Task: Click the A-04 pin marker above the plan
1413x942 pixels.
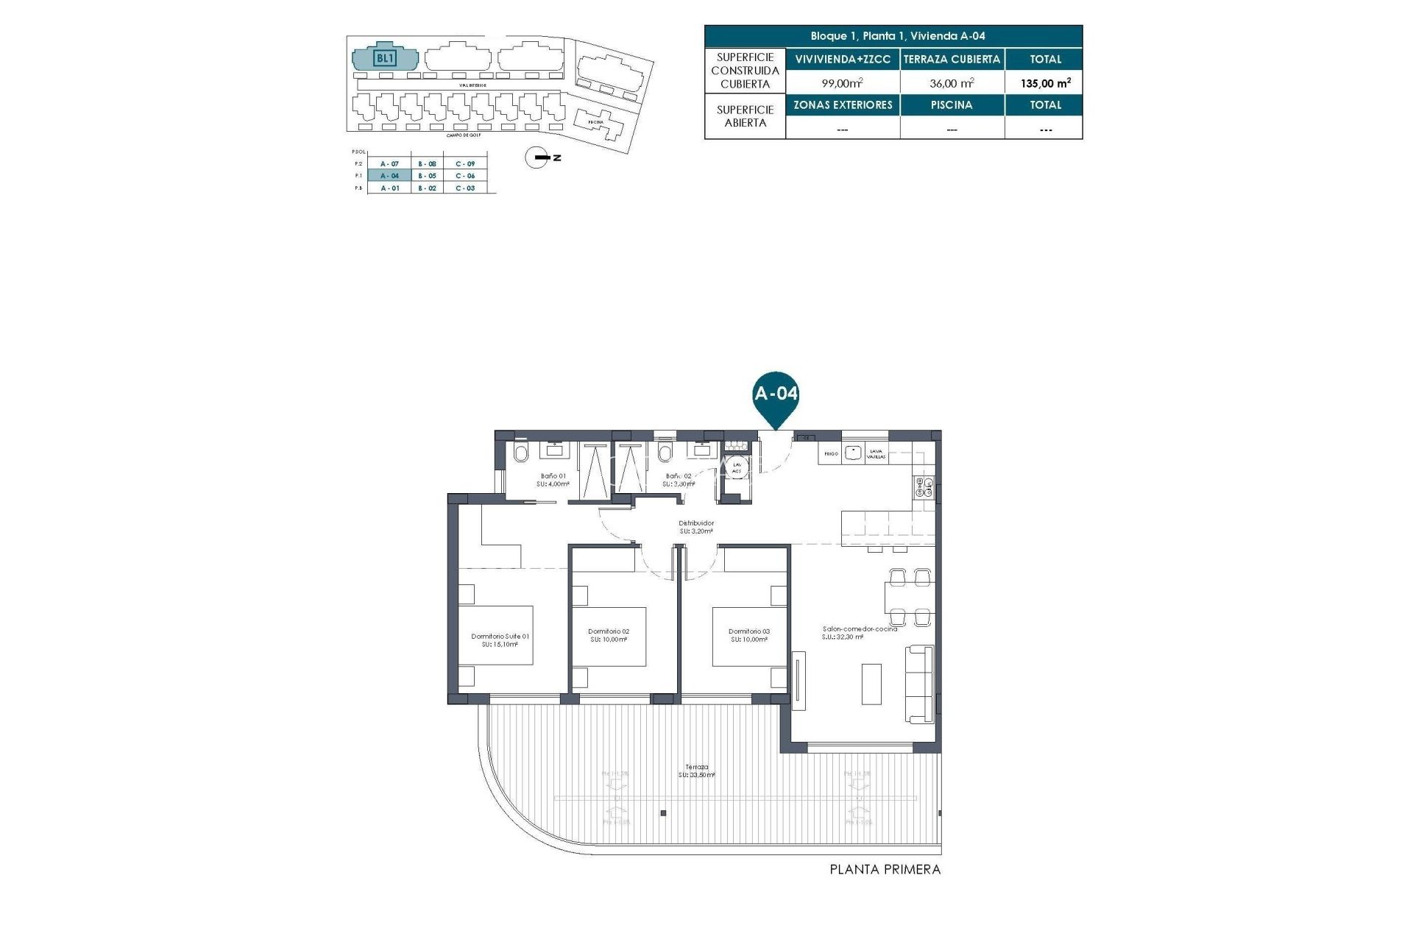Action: tap(776, 394)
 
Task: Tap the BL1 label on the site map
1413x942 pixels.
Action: tap(385, 58)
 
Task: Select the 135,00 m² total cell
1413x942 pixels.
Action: tap(1044, 83)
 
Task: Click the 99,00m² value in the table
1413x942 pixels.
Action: tap(842, 83)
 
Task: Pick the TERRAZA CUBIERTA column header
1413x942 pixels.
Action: tap(952, 59)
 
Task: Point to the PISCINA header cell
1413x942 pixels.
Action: tap(952, 105)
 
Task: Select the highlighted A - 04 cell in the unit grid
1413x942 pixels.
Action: tap(389, 176)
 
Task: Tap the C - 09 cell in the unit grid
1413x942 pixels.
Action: tap(465, 163)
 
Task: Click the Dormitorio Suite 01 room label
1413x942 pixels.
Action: tap(500, 640)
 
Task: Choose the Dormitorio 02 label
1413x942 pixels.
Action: tap(609, 635)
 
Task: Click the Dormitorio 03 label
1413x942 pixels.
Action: tap(748, 635)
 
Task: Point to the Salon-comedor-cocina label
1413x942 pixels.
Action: tap(859, 633)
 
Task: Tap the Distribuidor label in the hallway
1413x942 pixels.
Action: tap(695, 527)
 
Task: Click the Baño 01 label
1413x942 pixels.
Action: tap(553, 480)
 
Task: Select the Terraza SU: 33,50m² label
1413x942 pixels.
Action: tap(696, 771)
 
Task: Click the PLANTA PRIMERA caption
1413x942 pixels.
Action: tap(885, 869)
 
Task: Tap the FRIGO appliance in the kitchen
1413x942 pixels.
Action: tap(831, 454)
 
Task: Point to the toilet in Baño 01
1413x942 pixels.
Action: tap(520, 453)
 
